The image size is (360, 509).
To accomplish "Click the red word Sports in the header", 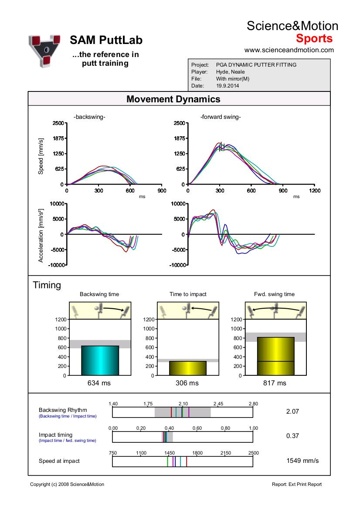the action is [x=314, y=38].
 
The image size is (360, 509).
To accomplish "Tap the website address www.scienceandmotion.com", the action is [x=289, y=50].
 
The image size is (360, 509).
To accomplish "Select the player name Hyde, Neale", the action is [x=231, y=72].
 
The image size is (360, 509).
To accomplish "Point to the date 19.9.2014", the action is [x=228, y=86].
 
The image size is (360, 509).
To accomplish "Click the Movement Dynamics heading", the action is [x=173, y=99].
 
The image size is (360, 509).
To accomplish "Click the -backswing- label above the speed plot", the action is [x=89, y=117].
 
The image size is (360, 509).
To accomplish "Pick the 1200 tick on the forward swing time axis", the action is [x=315, y=191].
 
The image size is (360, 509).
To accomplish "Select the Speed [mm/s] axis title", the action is [x=41, y=156].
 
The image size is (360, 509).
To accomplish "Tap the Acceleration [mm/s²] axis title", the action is [x=41, y=236].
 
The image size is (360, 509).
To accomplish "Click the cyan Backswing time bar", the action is [x=100, y=361].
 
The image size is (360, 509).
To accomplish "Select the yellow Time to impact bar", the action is [x=188, y=368].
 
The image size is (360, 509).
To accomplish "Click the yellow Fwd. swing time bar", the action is [x=275, y=356].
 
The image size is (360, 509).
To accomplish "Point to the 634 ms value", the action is [x=99, y=383].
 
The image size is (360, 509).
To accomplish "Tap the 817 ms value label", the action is [x=275, y=383].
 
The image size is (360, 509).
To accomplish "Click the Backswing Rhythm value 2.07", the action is [x=292, y=411].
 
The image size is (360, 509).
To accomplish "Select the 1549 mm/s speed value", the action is [x=302, y=461].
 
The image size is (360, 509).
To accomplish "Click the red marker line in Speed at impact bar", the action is [x=187, y=462].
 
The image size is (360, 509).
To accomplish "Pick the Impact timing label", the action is [x=55, y=435].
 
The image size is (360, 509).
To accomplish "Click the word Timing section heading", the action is [x=47, y=285].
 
